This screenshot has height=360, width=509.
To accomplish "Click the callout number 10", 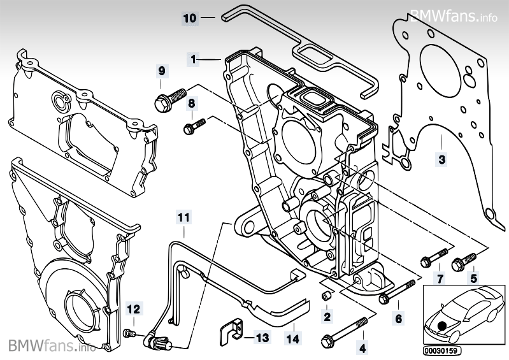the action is click(190, 18).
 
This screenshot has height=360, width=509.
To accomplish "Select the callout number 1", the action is click(193, 59).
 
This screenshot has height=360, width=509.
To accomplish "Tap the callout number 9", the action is click(162, 71).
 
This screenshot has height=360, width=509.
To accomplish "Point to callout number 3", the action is click(442, 160).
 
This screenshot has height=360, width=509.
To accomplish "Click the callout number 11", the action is click(183, 217).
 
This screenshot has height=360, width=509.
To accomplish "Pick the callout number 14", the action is click(292, 339).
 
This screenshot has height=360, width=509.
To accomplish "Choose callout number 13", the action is click(262, 338).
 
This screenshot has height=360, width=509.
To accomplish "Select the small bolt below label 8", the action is click(194, 126).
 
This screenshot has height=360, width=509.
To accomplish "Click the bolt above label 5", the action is click(464, 261).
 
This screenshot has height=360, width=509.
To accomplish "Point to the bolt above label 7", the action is click(434, 256).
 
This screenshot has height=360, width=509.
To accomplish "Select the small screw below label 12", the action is click(128, 333).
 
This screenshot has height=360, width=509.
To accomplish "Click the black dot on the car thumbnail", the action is click(442, 326).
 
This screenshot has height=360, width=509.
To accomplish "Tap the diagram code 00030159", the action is click(442, 350).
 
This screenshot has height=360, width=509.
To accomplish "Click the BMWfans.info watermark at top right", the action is click(454, 15).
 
